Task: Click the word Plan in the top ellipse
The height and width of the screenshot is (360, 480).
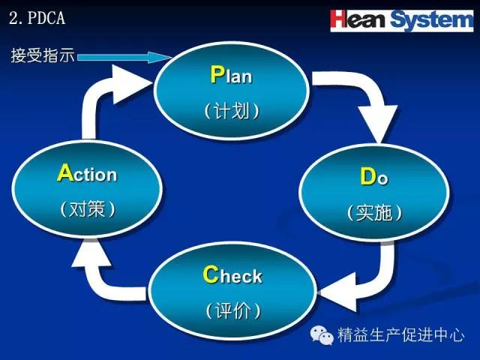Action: click(x=231, y=75)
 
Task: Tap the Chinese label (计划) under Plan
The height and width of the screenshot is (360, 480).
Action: click(x=232, y=110)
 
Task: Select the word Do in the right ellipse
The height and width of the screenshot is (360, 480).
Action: click(x=374, y=177)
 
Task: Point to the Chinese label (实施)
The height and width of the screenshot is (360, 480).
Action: click(x=374, y=212)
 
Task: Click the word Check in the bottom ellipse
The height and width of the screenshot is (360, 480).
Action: click(x=232, y=274)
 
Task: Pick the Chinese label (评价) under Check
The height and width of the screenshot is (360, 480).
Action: click(x=233, y=310)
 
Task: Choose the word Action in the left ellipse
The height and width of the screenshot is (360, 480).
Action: click(x=87, y=173)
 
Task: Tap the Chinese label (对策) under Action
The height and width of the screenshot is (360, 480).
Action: click(x=88, y=209)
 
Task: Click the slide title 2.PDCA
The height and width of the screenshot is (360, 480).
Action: click(x=37, y=18)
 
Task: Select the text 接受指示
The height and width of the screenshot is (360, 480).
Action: click(x=43, y=55)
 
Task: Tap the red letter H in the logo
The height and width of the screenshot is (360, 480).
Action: click(x=339, y=19)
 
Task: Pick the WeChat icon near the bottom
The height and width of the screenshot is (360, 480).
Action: click(x=322, y=335)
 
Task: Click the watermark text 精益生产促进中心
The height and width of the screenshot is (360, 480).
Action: click(x=401, y=334)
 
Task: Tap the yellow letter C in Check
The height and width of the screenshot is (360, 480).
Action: click(x=211, y=274)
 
